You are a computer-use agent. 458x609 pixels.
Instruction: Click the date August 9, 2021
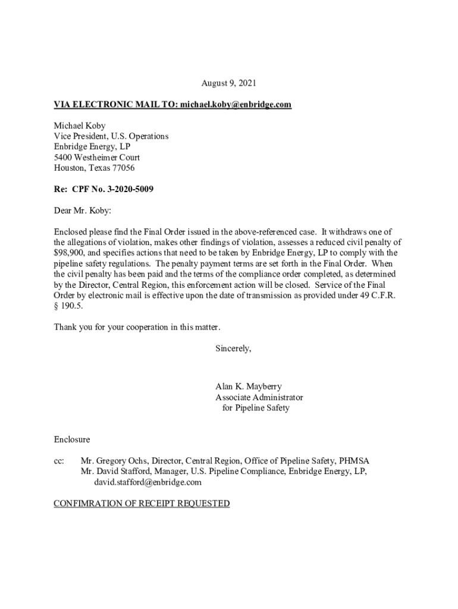point(228,83)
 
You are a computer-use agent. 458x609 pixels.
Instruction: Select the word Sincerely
point(233,349)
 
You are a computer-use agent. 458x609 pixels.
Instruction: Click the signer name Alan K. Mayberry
point(249,387)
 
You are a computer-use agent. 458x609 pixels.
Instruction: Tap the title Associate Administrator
point(259,397)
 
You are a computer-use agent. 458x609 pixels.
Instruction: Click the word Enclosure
point(72,440)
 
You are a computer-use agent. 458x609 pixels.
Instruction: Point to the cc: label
point(59,461)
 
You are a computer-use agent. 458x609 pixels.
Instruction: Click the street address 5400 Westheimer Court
point(97,158)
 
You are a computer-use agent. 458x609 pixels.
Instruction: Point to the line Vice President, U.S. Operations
point(111,136)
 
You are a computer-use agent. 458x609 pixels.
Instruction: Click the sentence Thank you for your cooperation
point(137,328)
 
